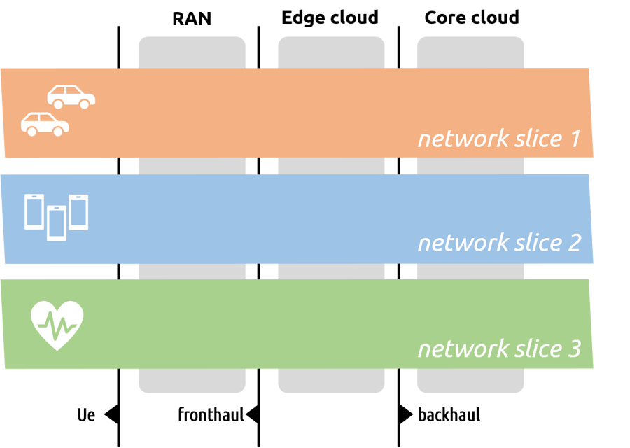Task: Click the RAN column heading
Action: tap(192, 17)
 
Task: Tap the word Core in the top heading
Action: tap(444, 17)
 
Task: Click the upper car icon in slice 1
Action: tap(71, 97)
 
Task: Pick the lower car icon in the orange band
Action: tap(45, 123)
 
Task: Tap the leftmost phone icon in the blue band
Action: tap(34, 212)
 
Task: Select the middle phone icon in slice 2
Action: tap(57, 223)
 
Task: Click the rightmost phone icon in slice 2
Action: tap(78, 212)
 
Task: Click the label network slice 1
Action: tap(499, 139)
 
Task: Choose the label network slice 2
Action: tap(499, 243)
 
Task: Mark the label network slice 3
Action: tap(499, 348)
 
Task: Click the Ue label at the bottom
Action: tap(86, 415)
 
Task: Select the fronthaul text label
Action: tap(211, 415)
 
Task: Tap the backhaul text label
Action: tap(449, 415)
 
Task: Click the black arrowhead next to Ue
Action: tap(111, 415)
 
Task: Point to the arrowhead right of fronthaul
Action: tap(252, 415)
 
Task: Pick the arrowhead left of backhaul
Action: tap(405, 415)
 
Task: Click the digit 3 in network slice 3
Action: tap(573, 348)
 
